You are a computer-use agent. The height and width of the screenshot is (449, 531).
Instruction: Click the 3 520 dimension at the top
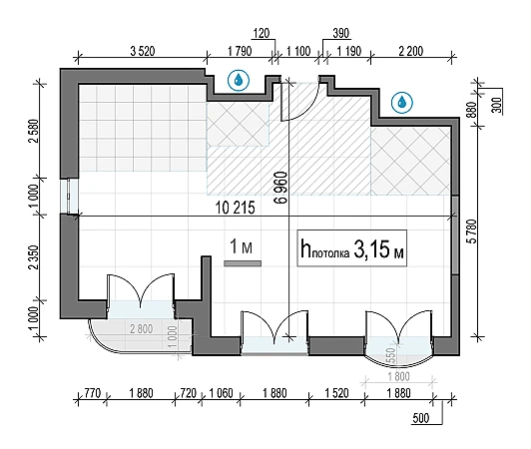(x=143, y=51)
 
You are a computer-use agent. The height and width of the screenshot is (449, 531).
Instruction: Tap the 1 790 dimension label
(x=240, y=51)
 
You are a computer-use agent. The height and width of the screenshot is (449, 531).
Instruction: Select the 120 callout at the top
(x=262, y=33)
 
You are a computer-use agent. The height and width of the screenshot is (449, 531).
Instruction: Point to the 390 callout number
(x=340, y=33)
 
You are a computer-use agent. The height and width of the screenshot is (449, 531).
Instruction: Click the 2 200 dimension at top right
(x=411, y=51)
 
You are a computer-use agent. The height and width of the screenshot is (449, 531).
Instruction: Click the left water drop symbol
(x=239, y=81)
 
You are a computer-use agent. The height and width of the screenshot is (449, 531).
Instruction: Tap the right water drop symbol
(x=402, y=102)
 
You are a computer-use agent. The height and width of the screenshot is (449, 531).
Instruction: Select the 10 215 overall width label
(x=235, y=208)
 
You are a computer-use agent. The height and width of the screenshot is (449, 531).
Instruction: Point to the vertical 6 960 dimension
(x=281, y=188)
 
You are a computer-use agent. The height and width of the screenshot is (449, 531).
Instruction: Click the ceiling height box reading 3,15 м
(x=352, y=248)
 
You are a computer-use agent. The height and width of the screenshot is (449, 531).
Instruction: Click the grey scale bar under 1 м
(x=243, y=263)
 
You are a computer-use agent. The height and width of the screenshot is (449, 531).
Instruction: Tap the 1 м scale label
(x=242, y=246)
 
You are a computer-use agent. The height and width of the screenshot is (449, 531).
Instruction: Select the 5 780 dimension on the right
(x=471, y=231)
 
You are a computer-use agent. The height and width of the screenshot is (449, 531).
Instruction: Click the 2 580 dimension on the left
(x=35, y=131)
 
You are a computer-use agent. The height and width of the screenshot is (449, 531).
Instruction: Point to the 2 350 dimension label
(x=35, y=257)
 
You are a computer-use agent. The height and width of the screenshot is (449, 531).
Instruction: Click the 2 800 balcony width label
(x=141, y=328)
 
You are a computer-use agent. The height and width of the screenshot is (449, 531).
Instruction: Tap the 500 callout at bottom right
(x=421, y=418)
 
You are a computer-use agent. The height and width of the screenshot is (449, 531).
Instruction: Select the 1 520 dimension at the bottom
(x=336, y=393)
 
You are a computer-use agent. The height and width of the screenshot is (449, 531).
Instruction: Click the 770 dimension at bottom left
(x=93, y=393)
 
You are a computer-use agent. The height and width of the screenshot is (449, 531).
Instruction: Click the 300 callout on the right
(x=496, y=105)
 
